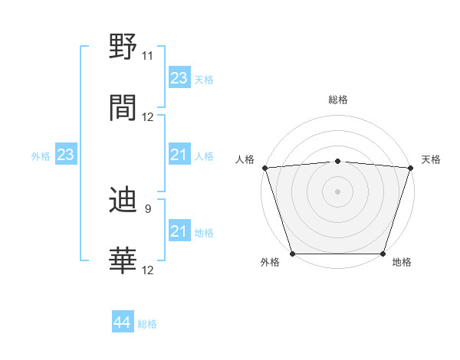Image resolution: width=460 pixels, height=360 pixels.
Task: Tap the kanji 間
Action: click(x=123, y=107)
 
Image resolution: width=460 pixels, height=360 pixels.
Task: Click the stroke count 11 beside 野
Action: click(x=147, y=56)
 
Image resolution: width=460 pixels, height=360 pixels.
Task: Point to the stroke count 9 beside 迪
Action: click(x=147, y=208)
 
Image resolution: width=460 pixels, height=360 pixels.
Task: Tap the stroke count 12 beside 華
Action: click(x=147, y=270)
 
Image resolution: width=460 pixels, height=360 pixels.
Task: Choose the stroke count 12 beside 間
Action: click(x=147, y=116)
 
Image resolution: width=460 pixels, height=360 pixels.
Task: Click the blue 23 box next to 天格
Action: click(x=179, y=78)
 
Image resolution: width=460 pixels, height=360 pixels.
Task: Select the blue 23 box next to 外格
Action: click(x=65, y=155)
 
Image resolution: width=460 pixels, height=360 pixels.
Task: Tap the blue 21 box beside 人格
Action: click(x=179, y=155)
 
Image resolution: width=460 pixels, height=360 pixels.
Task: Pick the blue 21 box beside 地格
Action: click(x=179, y=232)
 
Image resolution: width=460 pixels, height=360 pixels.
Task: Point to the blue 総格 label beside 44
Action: click(x=147, y=324)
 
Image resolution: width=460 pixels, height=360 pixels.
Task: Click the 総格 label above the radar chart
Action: click(x=337, y=100)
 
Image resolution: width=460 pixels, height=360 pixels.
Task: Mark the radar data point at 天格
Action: click(x=410, y=168)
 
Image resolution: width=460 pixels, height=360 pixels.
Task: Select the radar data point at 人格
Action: click(x=264, y=168)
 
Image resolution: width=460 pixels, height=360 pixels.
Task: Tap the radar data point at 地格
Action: click(x=383, y=253)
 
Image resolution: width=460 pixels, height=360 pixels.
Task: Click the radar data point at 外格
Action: click(x=292, y=253)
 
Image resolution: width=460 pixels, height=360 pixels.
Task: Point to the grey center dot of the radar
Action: click(x=337, y=191)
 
